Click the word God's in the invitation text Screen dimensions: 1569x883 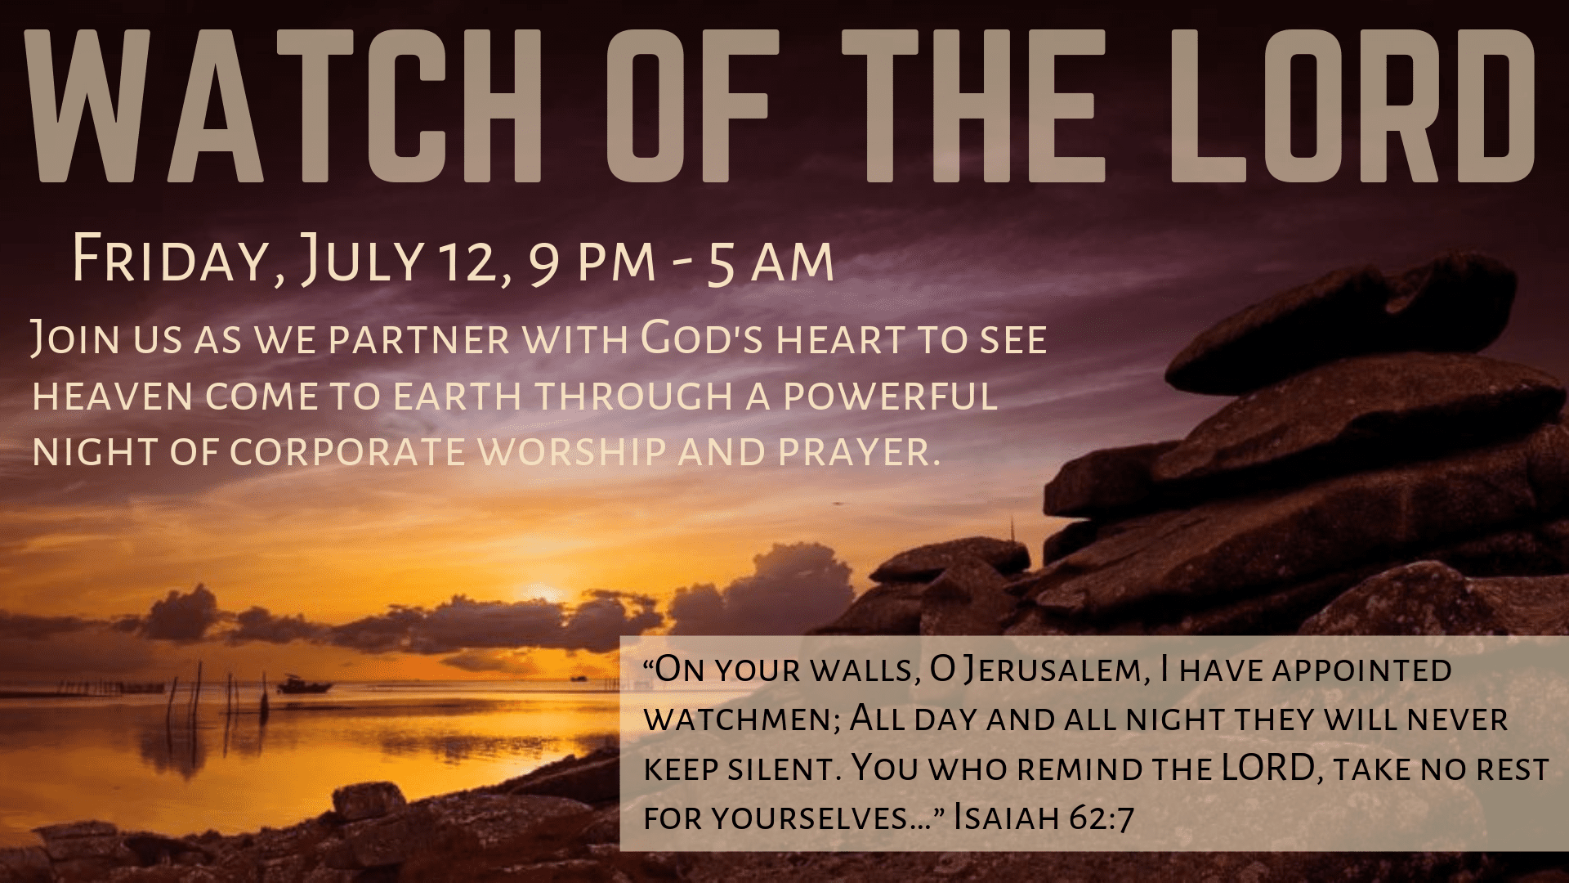[x=702, y=340]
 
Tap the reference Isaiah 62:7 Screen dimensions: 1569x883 [x=1044, y=818]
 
